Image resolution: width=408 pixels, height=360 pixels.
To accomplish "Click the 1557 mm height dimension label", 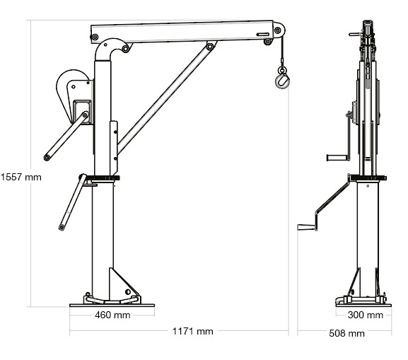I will [21, 178].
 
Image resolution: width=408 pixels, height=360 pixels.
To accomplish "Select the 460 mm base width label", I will [112, 315].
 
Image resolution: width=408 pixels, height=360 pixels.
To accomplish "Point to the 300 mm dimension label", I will [366, 315].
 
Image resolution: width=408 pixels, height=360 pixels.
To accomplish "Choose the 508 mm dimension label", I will [347, 333].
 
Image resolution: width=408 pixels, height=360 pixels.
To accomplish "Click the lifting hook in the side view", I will [281, 81].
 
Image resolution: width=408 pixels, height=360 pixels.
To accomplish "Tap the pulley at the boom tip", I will [278, 33].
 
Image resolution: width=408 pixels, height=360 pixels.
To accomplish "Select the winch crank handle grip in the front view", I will [333, 156].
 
